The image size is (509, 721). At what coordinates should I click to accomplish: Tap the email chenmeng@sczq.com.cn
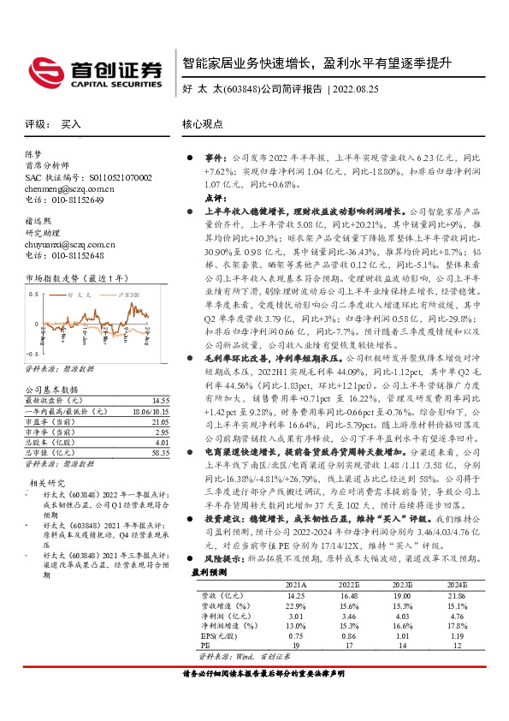tap(56, 188)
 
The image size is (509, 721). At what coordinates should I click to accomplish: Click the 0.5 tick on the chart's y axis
tap(33, 295)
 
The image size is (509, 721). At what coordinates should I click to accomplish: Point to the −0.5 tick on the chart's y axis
tap(32, 353)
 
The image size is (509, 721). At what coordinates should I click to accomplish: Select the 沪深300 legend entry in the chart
tap(127, 295)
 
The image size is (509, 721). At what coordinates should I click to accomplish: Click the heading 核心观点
tap(202, 124)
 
